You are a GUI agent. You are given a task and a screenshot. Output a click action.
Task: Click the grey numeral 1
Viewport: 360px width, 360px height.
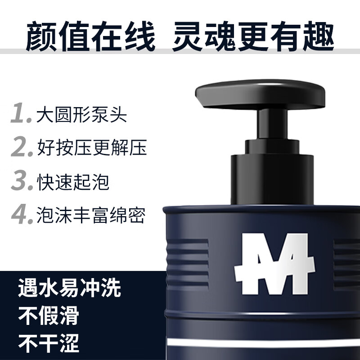21,114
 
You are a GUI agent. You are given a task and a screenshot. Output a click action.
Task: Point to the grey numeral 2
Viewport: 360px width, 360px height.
22,147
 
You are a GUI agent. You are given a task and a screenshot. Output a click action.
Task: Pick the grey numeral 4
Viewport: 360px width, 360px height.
22,215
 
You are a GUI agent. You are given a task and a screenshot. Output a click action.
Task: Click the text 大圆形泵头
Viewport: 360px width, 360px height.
82,114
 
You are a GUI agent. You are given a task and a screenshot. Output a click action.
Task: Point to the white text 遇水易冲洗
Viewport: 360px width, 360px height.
70,288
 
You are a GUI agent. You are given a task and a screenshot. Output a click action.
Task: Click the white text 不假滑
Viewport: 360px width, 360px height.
49,316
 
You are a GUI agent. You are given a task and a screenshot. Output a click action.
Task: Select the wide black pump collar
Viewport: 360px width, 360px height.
272,178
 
